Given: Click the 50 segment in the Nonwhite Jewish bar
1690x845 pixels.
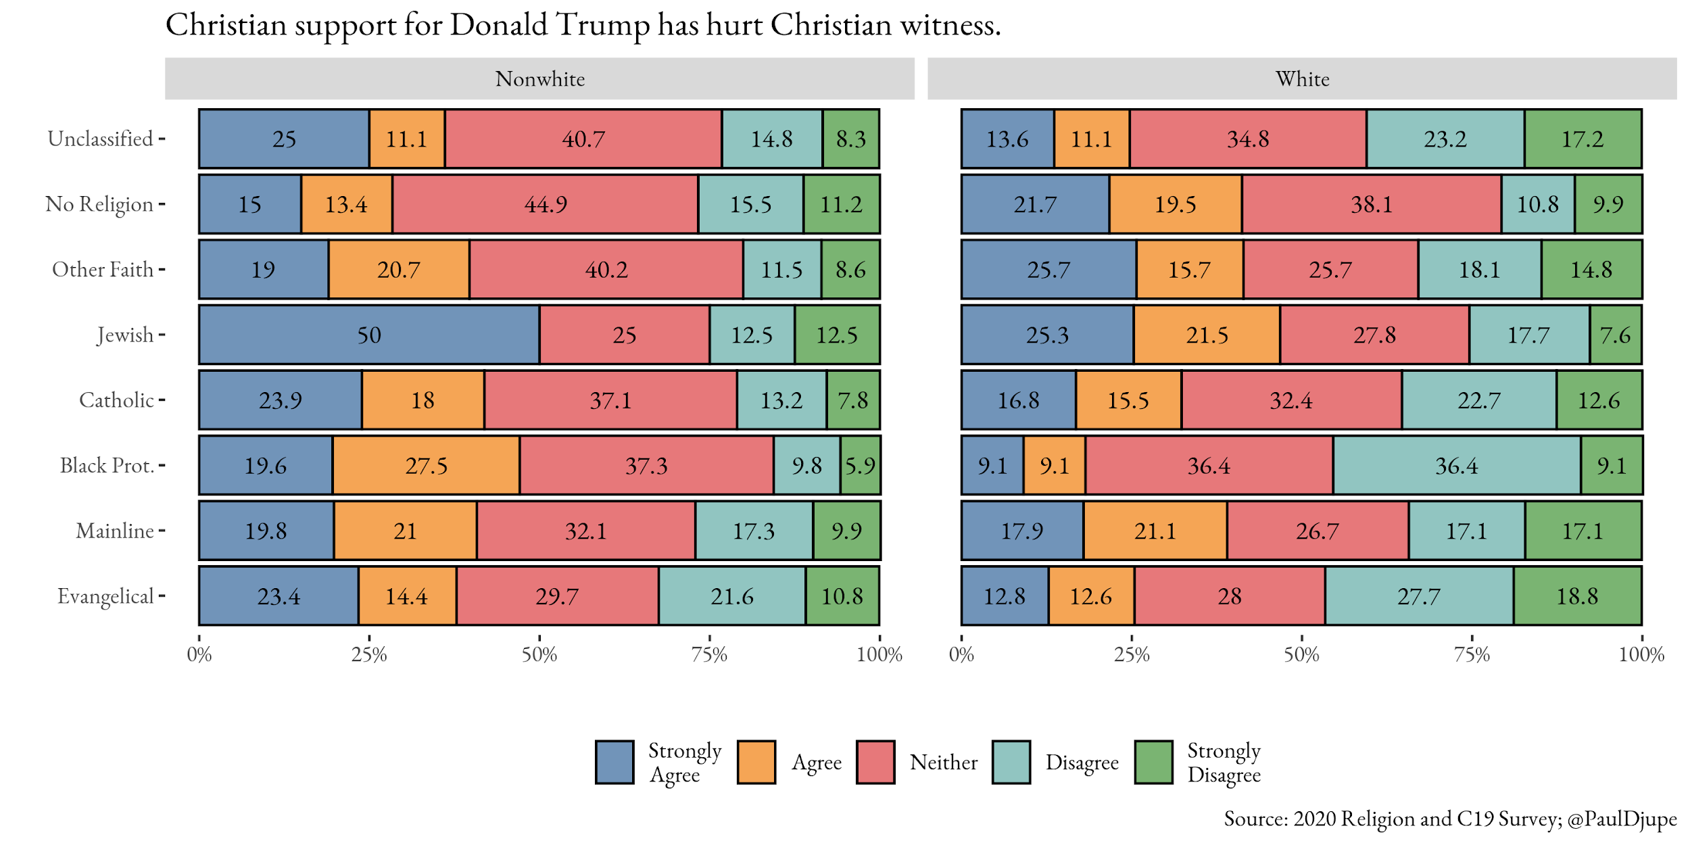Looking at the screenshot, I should (369, 335).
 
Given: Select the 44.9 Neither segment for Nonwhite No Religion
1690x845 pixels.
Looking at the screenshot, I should (545, 204).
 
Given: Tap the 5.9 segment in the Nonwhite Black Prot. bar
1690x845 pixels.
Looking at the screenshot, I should (860, 465).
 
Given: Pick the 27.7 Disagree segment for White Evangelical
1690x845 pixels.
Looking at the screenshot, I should (1418, 596).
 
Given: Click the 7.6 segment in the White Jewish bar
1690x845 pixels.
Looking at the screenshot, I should (1615, 335).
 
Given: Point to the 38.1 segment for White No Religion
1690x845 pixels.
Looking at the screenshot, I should (1371, 204).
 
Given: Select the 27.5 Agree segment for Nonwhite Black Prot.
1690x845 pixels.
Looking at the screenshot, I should (426, 465).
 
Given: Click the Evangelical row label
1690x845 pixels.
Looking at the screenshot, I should (105, 596).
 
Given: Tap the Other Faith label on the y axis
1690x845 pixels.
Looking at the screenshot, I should (103, 270).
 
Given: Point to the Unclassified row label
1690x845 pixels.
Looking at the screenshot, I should (100, 139).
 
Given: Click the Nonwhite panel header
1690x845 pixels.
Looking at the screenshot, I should (539, 79).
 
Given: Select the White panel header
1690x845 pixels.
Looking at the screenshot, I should (1302, 79).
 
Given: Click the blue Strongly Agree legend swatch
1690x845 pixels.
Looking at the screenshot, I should (614, 762).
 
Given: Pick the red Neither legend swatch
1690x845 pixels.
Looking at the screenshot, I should (875, 762).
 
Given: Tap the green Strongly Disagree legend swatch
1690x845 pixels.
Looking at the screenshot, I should (1153, 762).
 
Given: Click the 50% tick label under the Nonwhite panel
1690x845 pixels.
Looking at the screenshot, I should (539, 654).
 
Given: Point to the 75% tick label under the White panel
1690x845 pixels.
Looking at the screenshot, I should (1472, 654).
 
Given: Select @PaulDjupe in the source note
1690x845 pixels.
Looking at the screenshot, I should (1622, 819).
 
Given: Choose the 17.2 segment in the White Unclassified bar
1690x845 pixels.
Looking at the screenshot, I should (1582, 139).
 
